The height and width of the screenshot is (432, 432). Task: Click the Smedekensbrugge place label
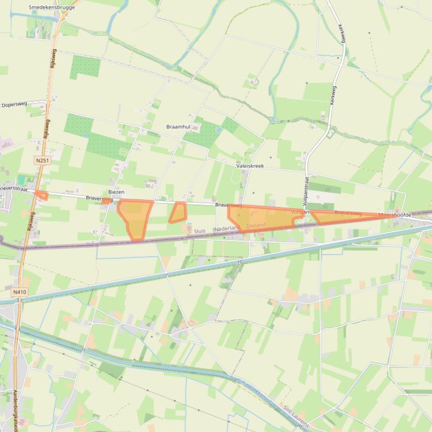(x=51, y=8)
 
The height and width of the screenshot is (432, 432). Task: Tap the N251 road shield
(x=41, y=160)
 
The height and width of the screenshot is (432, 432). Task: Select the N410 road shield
(x=20, y=292)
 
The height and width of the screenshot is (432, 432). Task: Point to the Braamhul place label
(x=178, y=127)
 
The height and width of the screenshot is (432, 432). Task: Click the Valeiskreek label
(x=250, y=166)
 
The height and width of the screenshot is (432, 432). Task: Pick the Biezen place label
(x=116, y=192)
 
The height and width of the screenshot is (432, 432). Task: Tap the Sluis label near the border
(x=200, y=231)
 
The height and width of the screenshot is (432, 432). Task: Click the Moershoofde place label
(x=395, y=215)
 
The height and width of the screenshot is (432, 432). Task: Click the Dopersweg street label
(x=15, y=105)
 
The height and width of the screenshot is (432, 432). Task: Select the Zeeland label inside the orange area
(x=255, y=225)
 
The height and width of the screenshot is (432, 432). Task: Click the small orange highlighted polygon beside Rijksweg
(x=41, y=195)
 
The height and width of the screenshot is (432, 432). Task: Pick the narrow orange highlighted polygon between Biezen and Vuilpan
(x=178, y=213)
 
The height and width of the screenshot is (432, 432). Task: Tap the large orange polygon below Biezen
(x=135, y=218)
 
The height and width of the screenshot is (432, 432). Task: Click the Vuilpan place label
(x=301, y=212)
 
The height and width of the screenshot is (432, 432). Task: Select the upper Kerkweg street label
(x=342, y=34)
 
